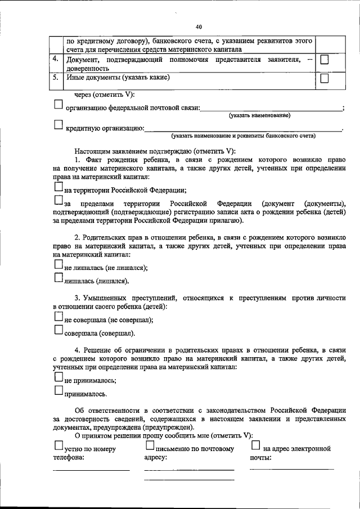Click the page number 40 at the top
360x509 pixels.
point(199,26)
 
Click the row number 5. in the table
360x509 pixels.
point(55,78)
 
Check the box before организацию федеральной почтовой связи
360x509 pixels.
point(58,105)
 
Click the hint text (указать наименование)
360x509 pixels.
point(259,115)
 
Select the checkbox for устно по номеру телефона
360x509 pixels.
point(58,445)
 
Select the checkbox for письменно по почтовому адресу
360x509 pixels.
point(150,445)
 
